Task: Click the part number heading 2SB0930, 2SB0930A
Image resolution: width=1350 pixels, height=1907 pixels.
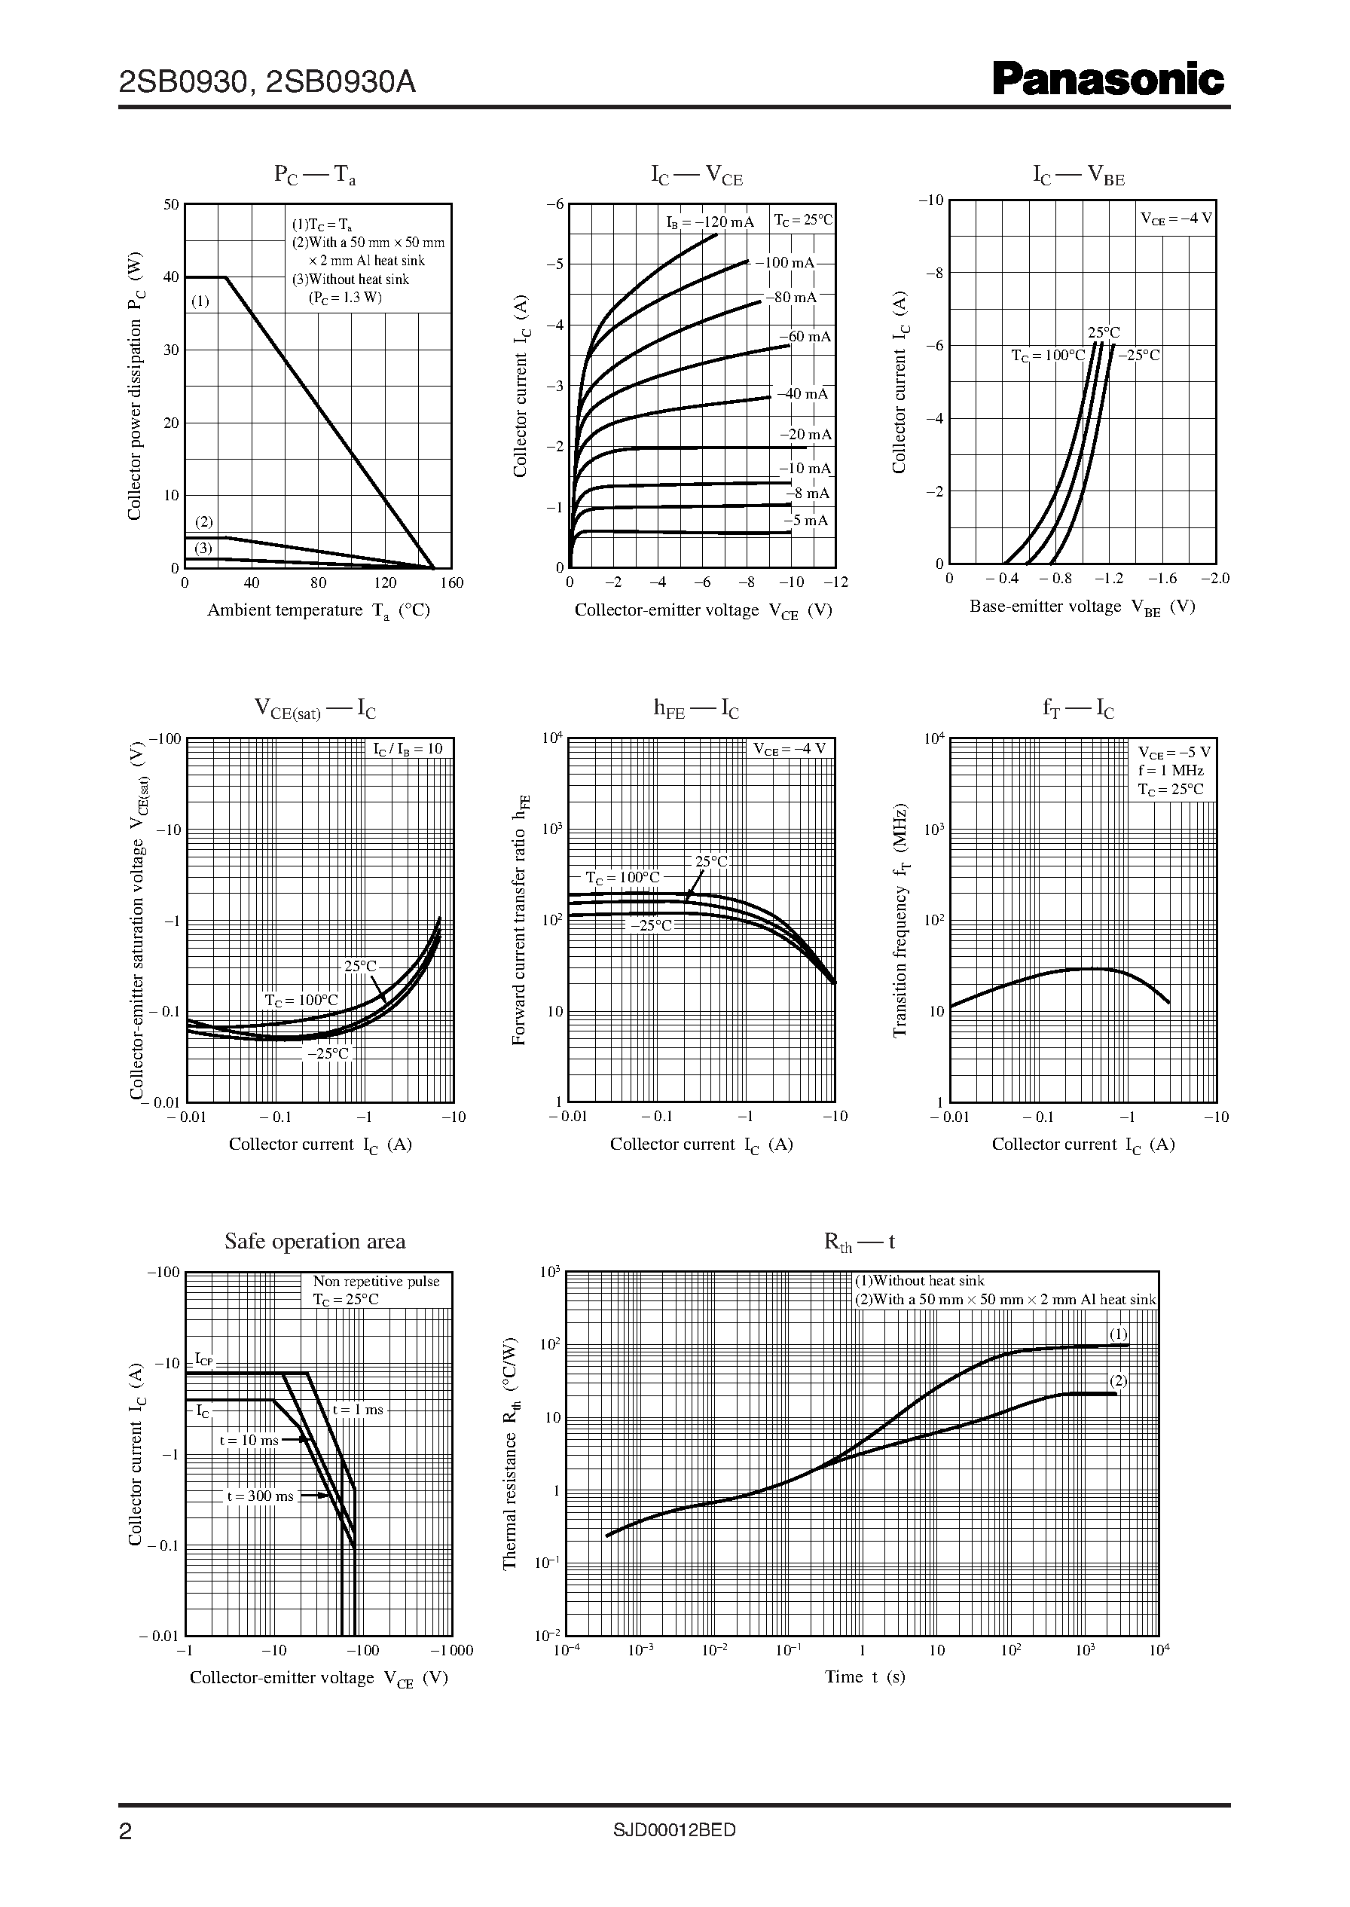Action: pyautogui.click(x=267, y=82)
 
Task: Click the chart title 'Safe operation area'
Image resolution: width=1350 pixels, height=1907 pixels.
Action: pyautogui.click(x=315, y=1241)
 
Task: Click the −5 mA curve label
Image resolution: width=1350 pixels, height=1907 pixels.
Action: pyautogui.click(x=805, y=521)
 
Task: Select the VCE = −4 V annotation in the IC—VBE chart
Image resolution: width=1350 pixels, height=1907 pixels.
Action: pyautogui.click(x=1175, y=219)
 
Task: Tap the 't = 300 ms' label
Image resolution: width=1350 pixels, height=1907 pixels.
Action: pyautogui.click(x=260, y=1496)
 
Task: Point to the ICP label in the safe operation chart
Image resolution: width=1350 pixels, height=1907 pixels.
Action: pyautogui.click(x=203, y=1359)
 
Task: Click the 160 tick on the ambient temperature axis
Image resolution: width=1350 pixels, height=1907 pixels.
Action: pyautogui.click(x=451, y=582)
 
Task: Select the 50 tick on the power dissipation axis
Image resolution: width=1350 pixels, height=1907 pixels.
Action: pyautogui.click(x=171, y=204)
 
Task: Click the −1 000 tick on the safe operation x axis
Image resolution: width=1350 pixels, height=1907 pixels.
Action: pyautogui.click(x=451, y=1650)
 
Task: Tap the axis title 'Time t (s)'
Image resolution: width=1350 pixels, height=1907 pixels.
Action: pyautogui.click(x=865, y=1676)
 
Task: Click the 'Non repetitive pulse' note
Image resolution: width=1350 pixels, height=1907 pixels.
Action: pyautogui.click(x=376, y=1282)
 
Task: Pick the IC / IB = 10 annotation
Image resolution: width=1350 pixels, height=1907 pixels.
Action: pyautogui.click(x=408, y=748)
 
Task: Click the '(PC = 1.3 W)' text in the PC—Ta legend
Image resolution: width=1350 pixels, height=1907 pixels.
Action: pyautogui.click(x=345, y=298)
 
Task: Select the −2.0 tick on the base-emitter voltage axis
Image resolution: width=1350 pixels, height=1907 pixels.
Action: pyautogui.click(x=1214, y=579)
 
